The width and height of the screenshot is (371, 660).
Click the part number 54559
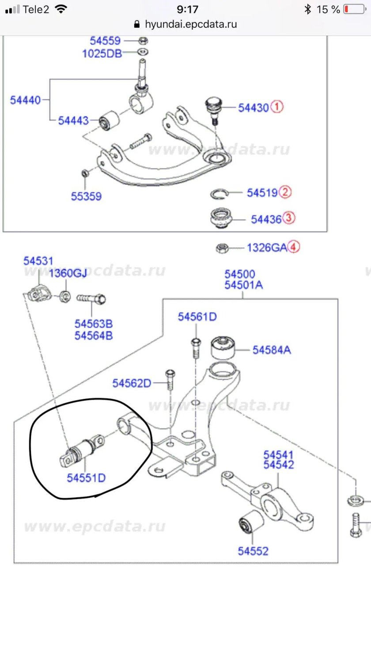point(105,41)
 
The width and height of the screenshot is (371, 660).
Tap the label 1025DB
point(102,53)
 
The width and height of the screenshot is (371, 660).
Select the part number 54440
point(25,100)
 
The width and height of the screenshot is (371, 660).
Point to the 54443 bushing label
point(73,120)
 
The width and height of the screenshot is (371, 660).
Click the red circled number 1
point(277,107)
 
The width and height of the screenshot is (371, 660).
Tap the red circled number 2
point(286,192)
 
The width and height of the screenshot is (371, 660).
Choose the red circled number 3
point(289,218)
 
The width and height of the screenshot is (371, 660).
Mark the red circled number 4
point(294,247)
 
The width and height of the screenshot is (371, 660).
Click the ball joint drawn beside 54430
point(214,108)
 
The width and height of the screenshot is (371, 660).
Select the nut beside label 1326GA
point(222,248)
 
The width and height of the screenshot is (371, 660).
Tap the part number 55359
point(86,196)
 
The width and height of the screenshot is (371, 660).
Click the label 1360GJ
point(68,273)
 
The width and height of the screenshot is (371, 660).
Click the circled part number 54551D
point(86,478)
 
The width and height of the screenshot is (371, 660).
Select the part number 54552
point(253,551)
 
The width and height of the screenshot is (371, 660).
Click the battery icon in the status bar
point(354,9)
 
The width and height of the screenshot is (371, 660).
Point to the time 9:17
point(187,9)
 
